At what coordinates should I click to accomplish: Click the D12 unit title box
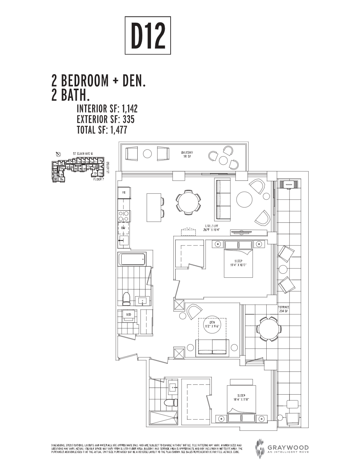(x=148, y=35)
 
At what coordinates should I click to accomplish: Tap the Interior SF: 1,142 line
(x=107, y=109)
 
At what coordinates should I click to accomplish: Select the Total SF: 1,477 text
(x=102, y=130)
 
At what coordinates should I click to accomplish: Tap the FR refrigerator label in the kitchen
(x=124, y=193)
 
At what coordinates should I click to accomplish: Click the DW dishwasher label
(x=123, y=228)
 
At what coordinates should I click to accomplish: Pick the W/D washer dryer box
(x=128, y=315)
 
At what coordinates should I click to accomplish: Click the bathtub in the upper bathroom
(x=132, y=259)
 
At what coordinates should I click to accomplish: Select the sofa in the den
(x=212, y=347)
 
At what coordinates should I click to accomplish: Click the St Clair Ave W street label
(x=82, y=153)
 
